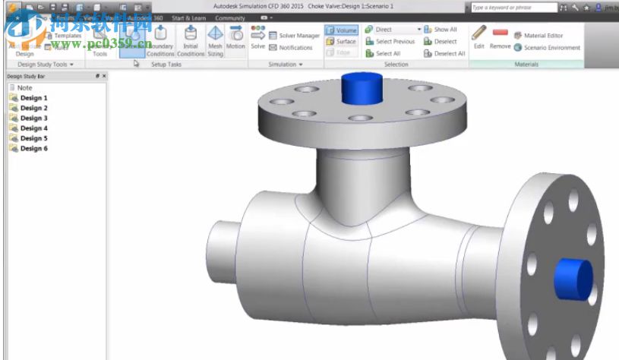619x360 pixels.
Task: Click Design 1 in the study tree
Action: coord(33,98)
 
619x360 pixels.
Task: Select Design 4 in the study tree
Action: coord(33,128)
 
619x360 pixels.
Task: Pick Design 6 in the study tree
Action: coord(33,148)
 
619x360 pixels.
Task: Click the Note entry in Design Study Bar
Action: coord(24,88)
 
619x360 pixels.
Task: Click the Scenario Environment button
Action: coord(547,48)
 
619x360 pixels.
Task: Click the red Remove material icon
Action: coord(500,33)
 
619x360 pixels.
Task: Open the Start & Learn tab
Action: coord(188,17)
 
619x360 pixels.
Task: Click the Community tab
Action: coord(230,17)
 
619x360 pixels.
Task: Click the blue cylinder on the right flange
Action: coord(573,280)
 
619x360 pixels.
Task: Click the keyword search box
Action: coord(512,8)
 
